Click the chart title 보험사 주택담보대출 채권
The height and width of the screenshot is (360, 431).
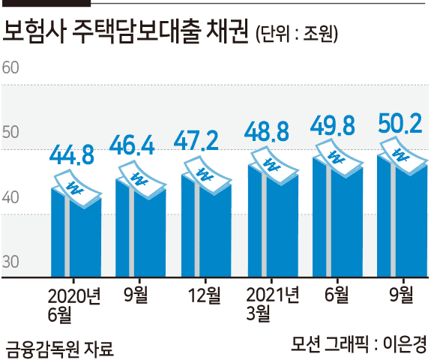pos(126,31)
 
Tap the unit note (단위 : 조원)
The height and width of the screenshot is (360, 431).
pos(297,34)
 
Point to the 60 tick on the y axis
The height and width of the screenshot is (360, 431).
pos(10,67)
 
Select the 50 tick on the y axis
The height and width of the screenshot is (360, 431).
pos(10,132)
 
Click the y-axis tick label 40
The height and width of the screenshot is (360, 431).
pos(10,197)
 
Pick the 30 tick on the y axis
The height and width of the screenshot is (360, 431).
pos(10,262)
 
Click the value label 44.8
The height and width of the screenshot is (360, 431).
pos(72,155)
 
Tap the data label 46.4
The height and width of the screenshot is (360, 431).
pos(132,145)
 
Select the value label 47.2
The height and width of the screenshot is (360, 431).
pos(196,140)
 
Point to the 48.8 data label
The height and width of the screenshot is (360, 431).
pos(266,131)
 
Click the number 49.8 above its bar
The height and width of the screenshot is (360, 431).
pos(333,126)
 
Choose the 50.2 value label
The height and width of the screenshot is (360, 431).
pos(400,124)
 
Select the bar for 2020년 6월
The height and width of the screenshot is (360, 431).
pos(76,234)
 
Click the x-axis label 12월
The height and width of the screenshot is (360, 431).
pos(205,295)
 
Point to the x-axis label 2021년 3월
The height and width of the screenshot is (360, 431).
pos(272,304)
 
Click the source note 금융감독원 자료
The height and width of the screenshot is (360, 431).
pos(59,349)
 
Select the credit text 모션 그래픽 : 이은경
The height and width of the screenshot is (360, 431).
pos(359,343)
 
